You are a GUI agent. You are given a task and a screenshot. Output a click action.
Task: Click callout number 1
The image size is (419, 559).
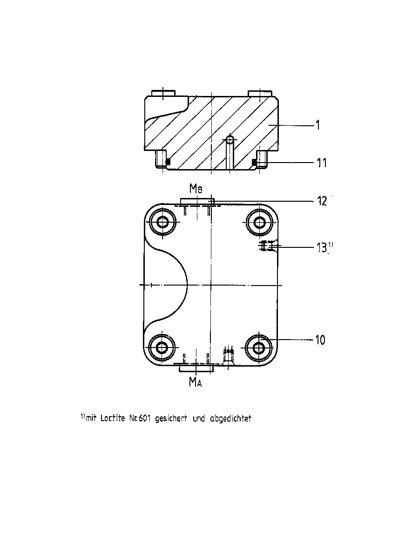point(317,125)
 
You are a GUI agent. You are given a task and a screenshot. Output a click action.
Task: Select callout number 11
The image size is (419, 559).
point(322,163)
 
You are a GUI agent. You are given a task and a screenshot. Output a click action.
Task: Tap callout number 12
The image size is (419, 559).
point(322,201)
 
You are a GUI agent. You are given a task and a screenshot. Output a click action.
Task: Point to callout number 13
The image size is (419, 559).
point(322,247)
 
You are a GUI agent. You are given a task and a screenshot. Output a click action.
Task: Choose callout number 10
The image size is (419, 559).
point(320,340)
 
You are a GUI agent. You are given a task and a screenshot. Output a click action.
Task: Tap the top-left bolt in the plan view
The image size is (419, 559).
point(162,222)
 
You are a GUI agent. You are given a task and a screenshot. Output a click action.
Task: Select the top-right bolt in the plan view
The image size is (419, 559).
point(259,222)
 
